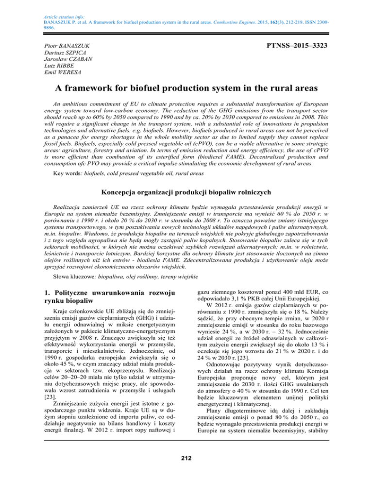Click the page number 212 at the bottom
(186, 473)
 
